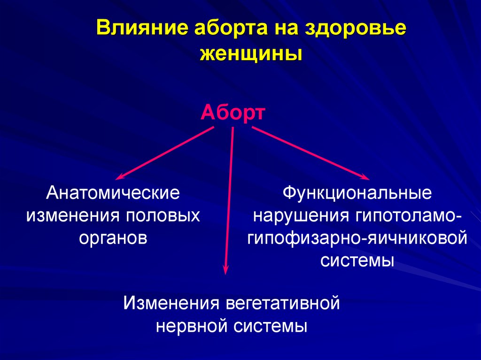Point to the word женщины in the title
pyautogui.click(x=251, y=54)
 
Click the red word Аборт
pyautogui.click(x=233, y=113)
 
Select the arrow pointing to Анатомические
pyautogui.click(x=164, y=153)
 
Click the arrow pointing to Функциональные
pyautogui.click(x=311, y=153)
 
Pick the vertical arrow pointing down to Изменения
pyautogui.click(x=229, y=200)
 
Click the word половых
pyautogui.click(x=163, y=215)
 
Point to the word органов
pyautogui.click(x=113, y=239)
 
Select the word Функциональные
pyautogui.click(x=357, y=193)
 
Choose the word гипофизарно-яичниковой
pyautogui.click(x=357, y=238)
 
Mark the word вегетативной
pyautogui.click(x=282, y=303)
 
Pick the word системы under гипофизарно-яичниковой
pyautogui.click(x=357, y=261)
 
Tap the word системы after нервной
pyautogui.click(x=270, y=326)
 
